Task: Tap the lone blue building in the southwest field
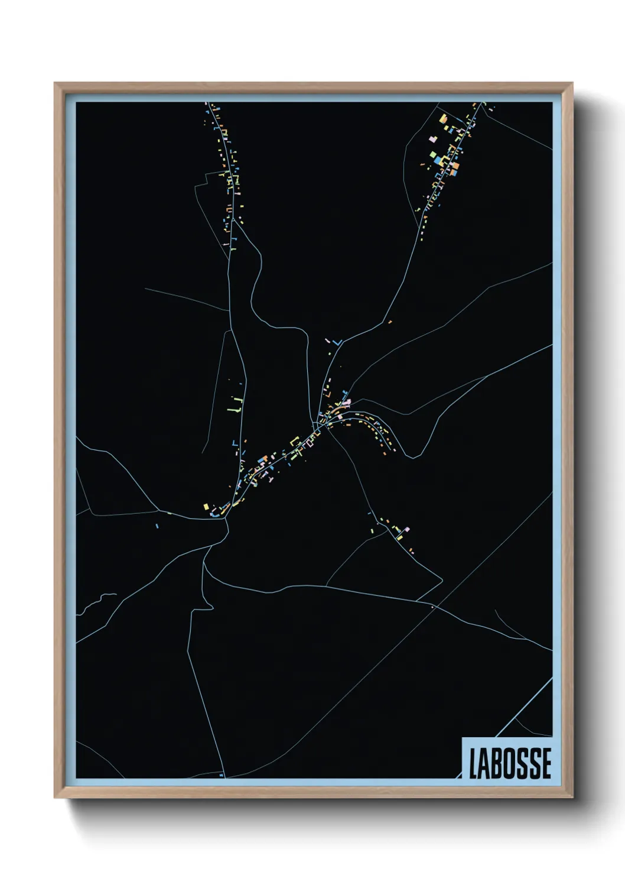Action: (157, 525)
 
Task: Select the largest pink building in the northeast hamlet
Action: (454, 166)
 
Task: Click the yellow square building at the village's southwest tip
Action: (205, 507)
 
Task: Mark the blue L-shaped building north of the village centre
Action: (337, 342)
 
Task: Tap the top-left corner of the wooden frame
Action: (56, 84)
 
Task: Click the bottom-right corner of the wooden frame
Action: (572, 797)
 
